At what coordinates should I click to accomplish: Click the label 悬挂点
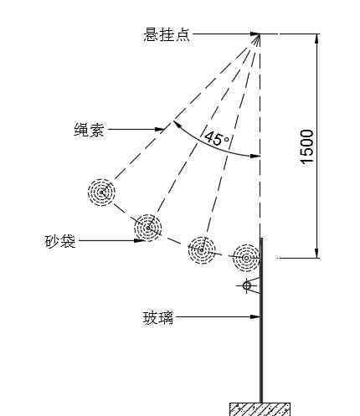point(167,34)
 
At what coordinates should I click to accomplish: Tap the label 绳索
point(89,130)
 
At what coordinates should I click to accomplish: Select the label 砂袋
point(60,241)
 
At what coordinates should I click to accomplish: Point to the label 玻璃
point(158,317)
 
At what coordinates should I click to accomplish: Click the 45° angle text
point(217,138)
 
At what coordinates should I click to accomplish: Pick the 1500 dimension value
point(306,146)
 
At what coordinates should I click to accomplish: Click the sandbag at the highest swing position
point(101,193)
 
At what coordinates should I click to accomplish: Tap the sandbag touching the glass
point(246,258)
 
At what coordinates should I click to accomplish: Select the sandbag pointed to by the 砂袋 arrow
point(147,228)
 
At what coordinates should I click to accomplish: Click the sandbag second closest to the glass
point(202,250)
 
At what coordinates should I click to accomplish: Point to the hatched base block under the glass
point(260,409)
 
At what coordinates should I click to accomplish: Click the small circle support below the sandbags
point(247,285)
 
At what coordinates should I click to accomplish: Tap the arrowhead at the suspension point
point(255,34)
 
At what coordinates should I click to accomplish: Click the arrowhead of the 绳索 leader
point(159,129)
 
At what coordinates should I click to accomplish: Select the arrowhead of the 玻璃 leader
point(255,316)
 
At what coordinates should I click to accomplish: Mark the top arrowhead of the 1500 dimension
point(316,39)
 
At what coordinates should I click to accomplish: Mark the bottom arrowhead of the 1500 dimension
point(316,253)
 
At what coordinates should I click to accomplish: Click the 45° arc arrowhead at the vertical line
point(255,156)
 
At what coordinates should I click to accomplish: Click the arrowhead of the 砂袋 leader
point(140,240)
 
